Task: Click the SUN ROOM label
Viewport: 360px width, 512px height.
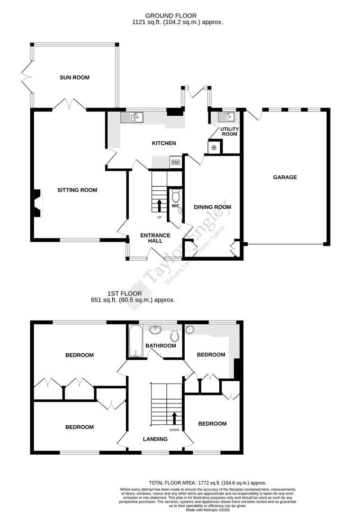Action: [74, 77]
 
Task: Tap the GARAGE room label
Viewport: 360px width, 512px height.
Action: [285, 177]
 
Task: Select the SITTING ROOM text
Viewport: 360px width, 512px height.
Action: [77, 190]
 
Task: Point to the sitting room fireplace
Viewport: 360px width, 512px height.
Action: [37, 203]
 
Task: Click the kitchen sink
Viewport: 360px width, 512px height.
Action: [132, 117]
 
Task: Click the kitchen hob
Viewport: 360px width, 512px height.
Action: [175, 162]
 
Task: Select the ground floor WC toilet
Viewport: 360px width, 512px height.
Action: [175, 196]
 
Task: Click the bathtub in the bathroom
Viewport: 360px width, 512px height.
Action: [135, 341]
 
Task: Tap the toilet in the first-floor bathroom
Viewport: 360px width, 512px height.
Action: [175, 335]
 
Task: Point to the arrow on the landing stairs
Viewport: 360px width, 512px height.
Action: [174, 418]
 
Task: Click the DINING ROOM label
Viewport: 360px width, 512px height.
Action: [212, 207]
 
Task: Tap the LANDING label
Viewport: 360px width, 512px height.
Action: [155, 439]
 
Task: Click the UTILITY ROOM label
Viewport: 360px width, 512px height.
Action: [229, 131]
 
